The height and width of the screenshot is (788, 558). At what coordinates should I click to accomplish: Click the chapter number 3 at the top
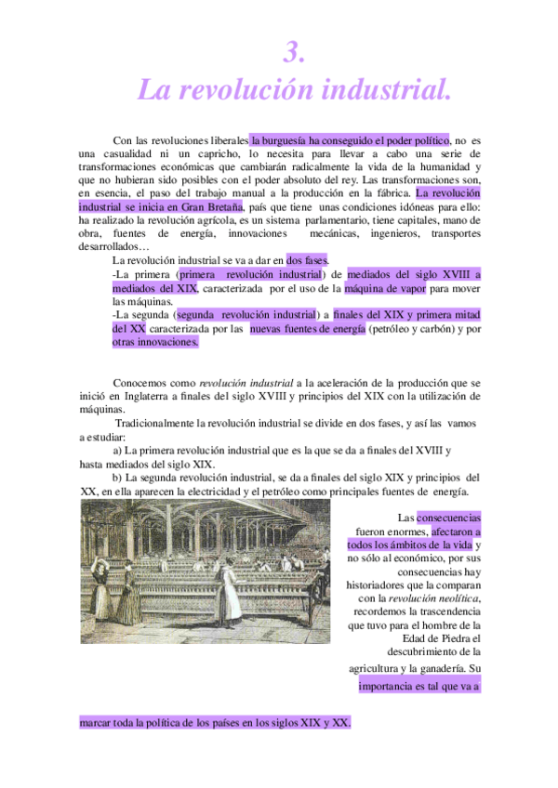pos(294,55)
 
